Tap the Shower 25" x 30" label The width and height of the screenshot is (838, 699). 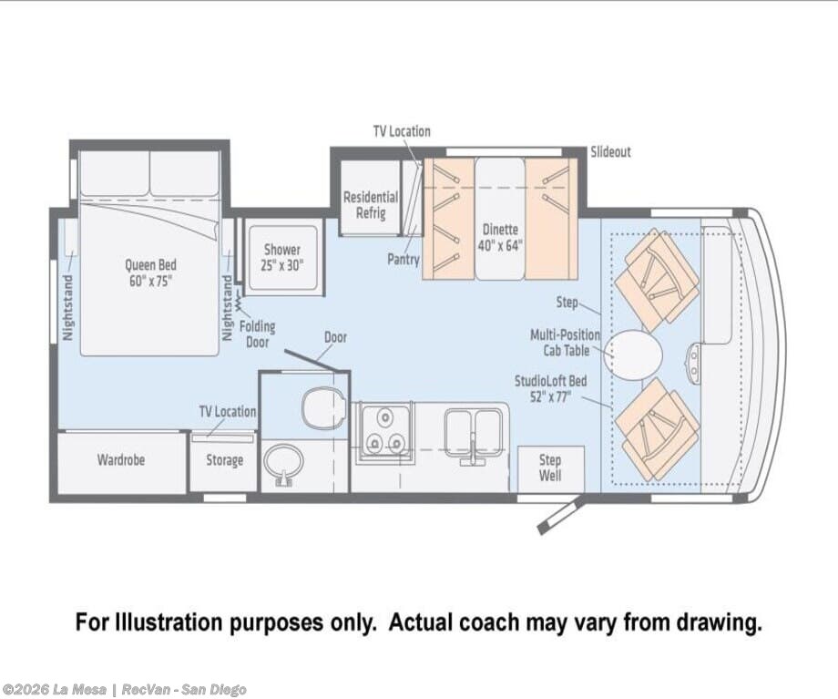point(282,257)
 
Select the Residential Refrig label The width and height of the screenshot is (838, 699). point(371,205)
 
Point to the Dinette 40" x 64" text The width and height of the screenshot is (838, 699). point(500,238)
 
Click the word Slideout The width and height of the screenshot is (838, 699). point(610,152)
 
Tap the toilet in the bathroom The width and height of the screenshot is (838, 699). point(322,407)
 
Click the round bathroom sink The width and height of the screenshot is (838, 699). point(283,463)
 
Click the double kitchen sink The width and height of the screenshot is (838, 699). point(473,432)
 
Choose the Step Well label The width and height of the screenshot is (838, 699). point(550,468)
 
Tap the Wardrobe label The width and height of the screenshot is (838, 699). point(121,460)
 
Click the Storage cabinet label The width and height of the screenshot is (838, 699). point(224,460)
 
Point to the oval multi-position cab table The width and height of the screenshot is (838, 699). point(633,355)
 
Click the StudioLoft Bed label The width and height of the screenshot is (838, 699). point(550,389)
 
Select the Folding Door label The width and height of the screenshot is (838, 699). point(257,334)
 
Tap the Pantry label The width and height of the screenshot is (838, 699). point(403,260)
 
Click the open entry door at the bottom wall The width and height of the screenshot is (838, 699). point(560,515)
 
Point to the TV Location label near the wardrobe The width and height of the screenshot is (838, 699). point(228,411)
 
